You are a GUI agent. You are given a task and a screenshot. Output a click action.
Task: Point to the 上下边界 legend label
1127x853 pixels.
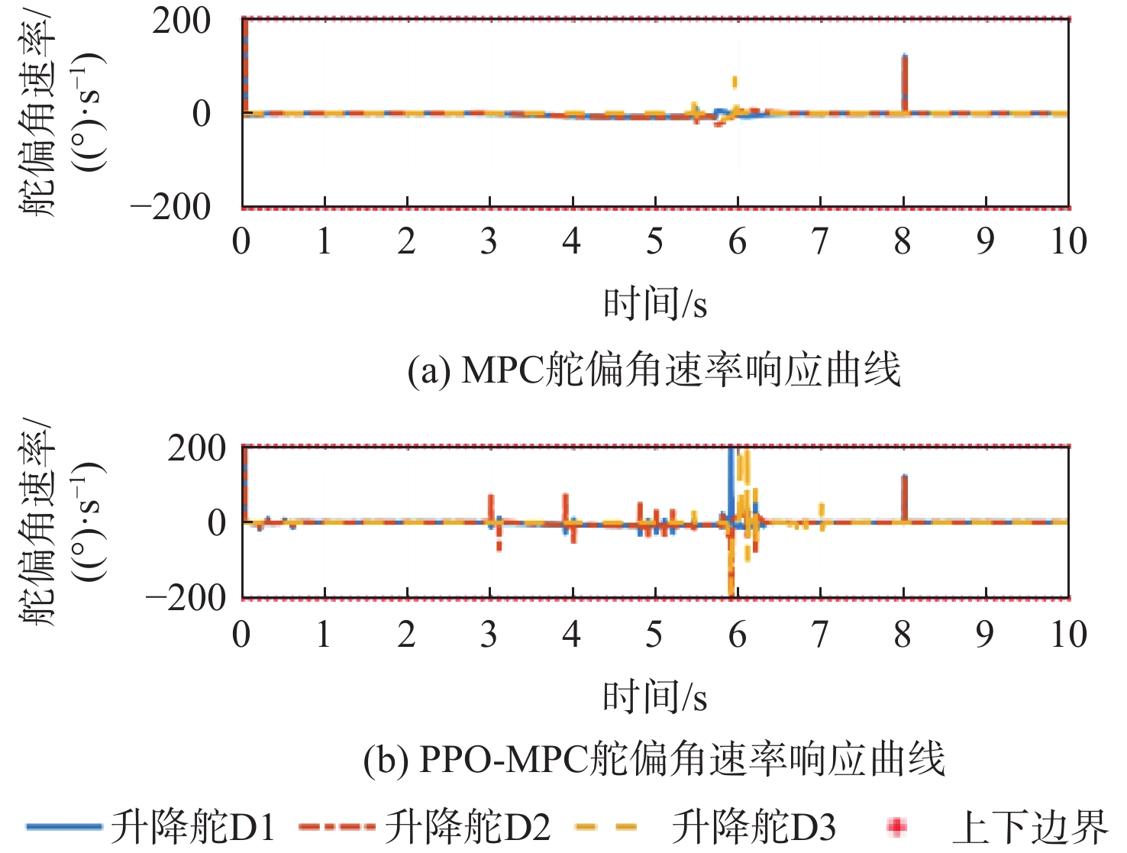(x=1029, y=827)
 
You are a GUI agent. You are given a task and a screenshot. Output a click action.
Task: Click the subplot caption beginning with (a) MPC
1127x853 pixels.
(x=654, y=370)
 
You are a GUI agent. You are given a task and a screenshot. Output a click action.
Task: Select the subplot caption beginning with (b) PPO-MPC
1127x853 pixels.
(x=654, y=759)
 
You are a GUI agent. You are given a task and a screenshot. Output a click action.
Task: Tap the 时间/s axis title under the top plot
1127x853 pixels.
(x=655, y=304)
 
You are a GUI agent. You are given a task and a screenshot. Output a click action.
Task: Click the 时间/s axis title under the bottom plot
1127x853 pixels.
(x=655, y=696)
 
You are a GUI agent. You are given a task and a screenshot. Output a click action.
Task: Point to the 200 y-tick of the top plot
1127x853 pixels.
(x=181, y=21)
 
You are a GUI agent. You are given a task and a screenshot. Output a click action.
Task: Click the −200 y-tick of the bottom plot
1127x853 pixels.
(x=186, y=597)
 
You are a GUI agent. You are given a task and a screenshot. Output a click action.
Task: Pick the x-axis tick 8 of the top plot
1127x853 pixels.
(x=903, y=241)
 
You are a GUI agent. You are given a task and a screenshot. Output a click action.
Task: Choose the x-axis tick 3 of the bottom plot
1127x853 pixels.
(x=489, y=635)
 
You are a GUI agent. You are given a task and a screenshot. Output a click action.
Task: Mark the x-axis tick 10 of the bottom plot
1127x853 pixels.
(x=1068, y=635)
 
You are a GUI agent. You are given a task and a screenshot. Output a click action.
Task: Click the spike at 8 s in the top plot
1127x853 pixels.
(x=904, y=80)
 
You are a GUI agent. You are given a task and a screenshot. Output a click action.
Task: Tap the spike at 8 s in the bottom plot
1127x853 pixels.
(x=904, y=496)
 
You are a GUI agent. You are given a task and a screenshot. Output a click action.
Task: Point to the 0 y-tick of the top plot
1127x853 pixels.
(x=202, y=114)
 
